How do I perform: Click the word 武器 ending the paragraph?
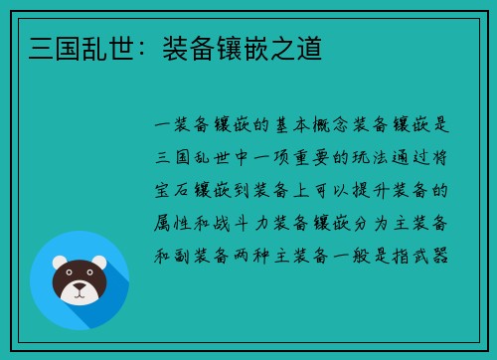point(437,255)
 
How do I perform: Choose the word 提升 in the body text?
point(365,190)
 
